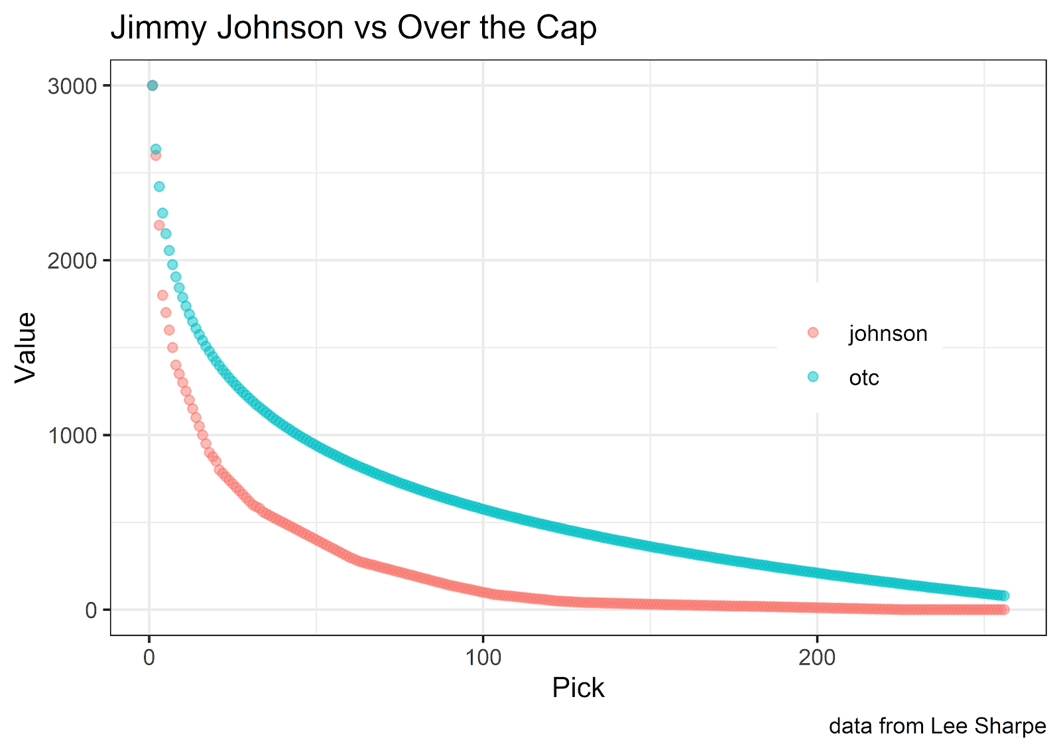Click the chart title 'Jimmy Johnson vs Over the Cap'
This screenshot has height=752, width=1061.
click(x=353, y=28)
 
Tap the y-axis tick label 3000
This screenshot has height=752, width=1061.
click(x=72, y=86)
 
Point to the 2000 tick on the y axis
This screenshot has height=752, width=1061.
click(x=72, y=261)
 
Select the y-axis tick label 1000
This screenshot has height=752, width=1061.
click(x=72, y=436)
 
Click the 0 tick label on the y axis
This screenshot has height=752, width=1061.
click(x=91, y=610)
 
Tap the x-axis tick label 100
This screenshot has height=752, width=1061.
click(x=483, y=657)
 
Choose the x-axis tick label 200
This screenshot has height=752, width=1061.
click(x=817, y=657)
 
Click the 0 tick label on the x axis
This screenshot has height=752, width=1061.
click(x=149, y=657)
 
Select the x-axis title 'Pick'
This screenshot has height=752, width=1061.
click(x=578, y=688)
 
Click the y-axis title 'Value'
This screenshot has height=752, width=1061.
click(x=27, y=347)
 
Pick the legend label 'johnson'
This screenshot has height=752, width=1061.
click(x=888, y=334)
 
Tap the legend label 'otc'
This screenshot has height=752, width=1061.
click(x=864, y=378)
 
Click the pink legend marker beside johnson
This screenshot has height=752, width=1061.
click(x=813, y=332)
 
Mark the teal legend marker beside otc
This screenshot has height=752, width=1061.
click(x=813, y=377)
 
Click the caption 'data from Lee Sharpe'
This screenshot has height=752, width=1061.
click(x=937, y=726)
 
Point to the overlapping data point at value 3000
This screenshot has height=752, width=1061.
click(x=153, y=86)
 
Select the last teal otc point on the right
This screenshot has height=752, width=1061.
click(x=1004, y=595)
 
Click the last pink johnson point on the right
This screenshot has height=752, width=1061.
click(x=1004, y=609)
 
